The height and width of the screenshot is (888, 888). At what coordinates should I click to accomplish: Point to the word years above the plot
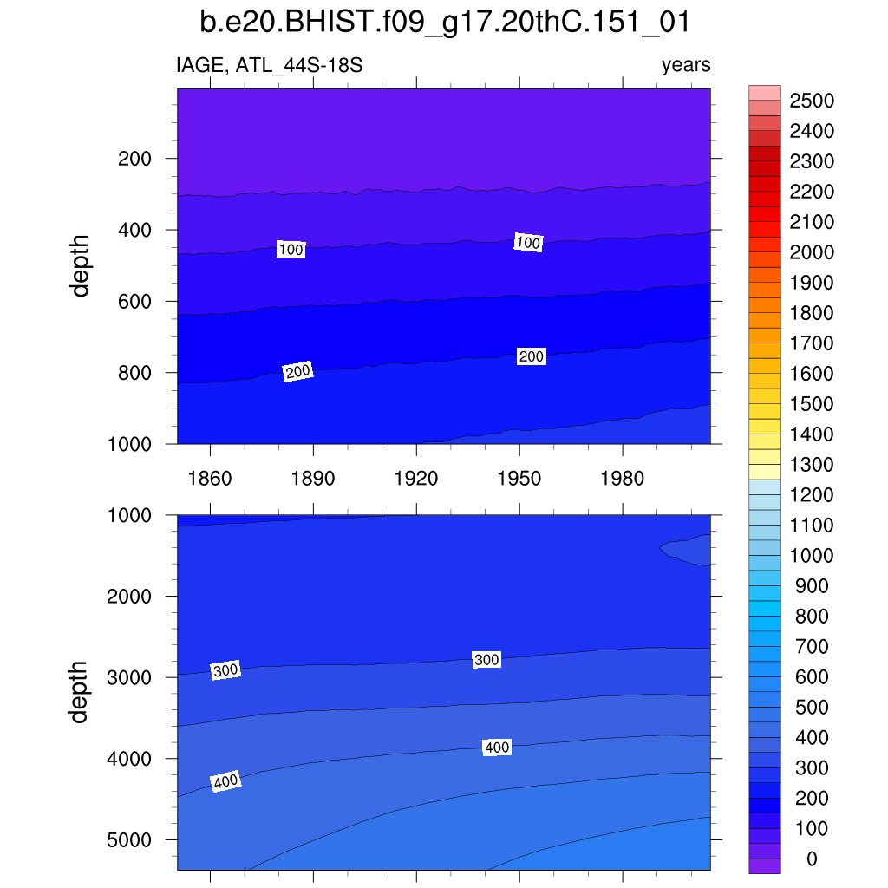685,65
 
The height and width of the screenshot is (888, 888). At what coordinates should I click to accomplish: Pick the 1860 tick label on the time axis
210,479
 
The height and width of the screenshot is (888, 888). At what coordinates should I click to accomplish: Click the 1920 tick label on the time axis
416,479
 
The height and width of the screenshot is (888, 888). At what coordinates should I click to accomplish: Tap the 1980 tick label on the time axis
623,479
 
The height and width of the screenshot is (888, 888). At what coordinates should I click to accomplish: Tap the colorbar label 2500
812,101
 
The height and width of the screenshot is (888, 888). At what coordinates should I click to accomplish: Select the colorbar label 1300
812,465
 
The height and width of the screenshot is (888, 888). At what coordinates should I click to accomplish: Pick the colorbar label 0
812,859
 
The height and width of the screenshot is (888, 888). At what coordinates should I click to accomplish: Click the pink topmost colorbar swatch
765,93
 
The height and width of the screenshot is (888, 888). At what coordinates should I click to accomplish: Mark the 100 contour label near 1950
528,243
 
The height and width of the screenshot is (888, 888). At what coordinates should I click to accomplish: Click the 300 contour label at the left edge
225,670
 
